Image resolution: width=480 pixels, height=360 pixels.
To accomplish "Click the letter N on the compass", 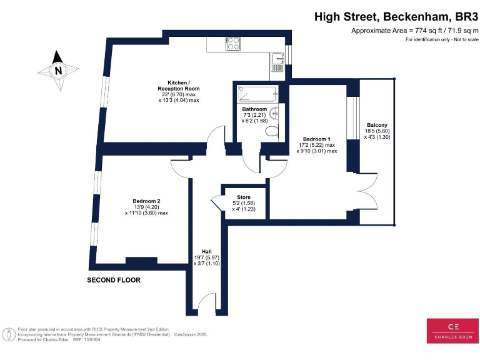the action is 58,71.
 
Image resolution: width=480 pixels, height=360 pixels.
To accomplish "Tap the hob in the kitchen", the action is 233,44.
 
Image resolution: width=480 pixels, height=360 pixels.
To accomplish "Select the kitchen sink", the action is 277,62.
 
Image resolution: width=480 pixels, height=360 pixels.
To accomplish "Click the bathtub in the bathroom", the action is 258,94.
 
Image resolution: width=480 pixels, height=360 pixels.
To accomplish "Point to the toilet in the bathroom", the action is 272,132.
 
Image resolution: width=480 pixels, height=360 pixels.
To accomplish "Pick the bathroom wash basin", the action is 274,113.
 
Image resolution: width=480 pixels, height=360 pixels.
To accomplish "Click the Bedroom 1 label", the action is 316,139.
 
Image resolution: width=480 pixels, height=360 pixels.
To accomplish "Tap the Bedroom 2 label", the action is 146,201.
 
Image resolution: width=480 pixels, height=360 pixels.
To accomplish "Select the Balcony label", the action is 377,125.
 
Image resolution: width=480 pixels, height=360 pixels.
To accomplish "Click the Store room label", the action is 244,197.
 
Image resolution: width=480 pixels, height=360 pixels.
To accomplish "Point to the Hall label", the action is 207,251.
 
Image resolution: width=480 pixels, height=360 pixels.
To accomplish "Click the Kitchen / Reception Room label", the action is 179,86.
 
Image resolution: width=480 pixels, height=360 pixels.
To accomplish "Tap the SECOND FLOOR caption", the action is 114,280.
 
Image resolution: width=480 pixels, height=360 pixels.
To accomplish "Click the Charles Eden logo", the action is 452,331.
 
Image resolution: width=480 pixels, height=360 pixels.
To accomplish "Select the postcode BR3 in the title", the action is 467,16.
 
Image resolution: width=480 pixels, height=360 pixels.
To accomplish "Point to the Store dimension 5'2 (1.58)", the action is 244,203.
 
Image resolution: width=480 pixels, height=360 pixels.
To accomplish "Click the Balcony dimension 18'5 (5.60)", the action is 377,131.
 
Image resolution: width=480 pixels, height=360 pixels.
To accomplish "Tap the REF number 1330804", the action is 91,339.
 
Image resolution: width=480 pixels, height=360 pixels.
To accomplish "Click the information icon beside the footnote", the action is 9,334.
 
